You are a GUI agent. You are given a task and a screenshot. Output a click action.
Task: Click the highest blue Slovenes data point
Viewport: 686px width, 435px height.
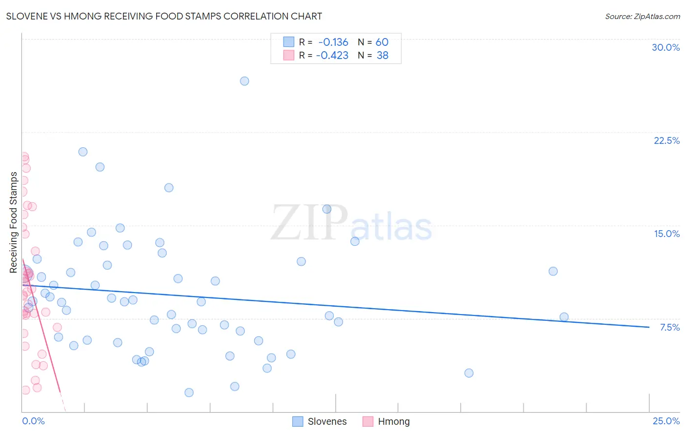[x=244, y=81]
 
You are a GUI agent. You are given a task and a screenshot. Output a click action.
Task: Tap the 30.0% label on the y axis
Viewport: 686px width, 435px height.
[x=666, y=47]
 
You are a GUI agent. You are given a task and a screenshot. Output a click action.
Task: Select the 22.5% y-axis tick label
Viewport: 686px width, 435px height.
[x=666, y=140]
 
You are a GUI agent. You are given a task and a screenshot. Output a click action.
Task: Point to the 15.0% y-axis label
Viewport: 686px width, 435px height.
[x=666, y=234]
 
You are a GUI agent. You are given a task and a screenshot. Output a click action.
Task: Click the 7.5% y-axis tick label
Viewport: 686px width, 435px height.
[x=669, y=327]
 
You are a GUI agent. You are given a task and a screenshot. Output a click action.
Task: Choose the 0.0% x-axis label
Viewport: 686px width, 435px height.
[x=33, y=421]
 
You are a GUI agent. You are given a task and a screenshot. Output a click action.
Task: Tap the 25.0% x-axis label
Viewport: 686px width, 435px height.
[x=666, y=421]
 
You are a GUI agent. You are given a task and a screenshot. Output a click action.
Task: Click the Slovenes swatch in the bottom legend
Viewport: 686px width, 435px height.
[x=298, y=421]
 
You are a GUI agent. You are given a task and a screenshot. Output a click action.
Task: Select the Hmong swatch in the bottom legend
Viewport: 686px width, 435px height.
[x=368, y=421]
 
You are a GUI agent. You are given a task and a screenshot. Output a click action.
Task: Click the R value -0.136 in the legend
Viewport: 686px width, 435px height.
[x=333, y=42]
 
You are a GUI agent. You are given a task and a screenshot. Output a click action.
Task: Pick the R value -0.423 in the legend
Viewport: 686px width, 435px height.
[x=332, y=56]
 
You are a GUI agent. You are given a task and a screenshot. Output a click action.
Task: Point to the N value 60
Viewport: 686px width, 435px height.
[x=382, y=42]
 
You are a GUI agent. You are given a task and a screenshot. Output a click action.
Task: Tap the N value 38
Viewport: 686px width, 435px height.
[x=383, y=56]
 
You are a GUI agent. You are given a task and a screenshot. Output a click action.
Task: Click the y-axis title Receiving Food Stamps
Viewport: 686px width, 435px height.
[x=14, y=222]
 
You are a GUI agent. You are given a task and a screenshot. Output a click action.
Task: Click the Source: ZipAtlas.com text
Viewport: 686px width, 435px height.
[x=642, y=16]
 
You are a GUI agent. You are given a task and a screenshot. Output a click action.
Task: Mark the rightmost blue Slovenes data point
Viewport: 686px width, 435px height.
[x=564, y=317]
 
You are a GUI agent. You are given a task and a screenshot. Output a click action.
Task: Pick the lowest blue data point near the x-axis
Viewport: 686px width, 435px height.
[x=189, y=393]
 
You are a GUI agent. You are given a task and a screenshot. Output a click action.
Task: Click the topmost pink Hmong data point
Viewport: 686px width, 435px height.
[x=24, y=157]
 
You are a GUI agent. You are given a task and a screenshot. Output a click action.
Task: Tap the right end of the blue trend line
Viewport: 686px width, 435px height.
[x=649, y=327]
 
